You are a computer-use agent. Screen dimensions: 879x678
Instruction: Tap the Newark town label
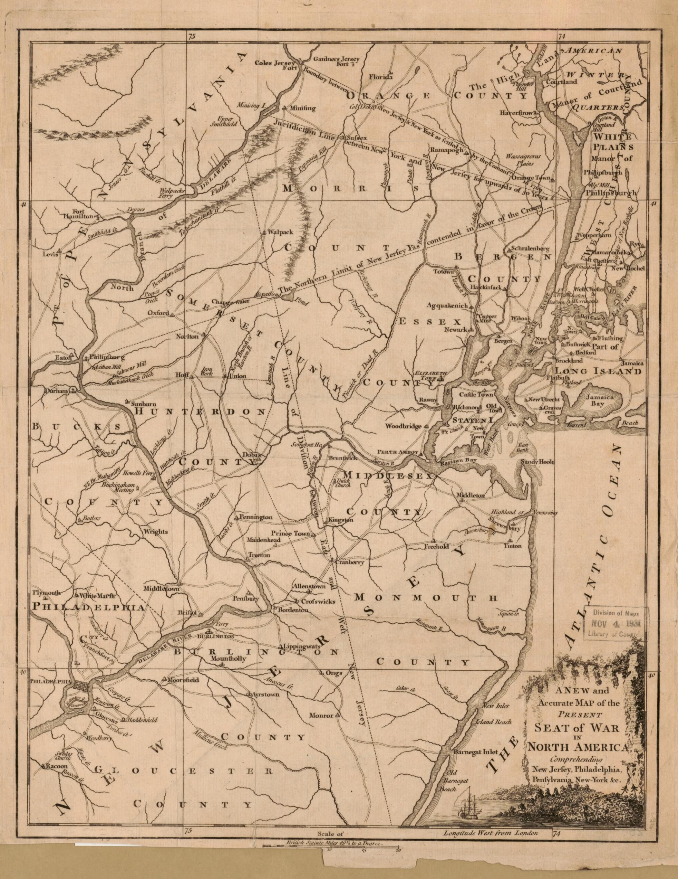(457, 330)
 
